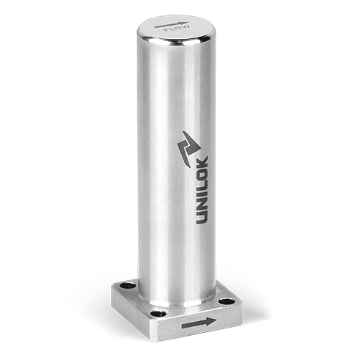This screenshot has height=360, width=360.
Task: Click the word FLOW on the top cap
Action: click(177, 28)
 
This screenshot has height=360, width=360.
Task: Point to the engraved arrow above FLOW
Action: click(172, 24)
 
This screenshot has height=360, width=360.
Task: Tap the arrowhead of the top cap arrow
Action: click(185, 23)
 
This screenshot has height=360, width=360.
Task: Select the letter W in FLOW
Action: click(185, 26)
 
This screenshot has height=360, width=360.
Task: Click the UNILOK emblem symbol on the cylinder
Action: click(189, 149)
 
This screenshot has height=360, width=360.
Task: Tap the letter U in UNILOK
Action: click(202, 218)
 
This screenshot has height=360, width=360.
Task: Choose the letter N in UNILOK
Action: click(202, 205)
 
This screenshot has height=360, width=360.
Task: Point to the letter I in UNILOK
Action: click(202, 196)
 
